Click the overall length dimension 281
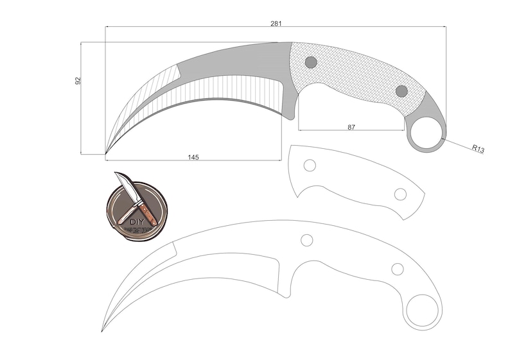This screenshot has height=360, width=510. point(276,23)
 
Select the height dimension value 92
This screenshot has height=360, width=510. point(78,81)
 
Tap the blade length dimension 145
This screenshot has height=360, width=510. point(193,157)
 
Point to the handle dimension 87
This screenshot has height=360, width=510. point(351,127)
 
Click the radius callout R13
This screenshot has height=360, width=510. point(477,149)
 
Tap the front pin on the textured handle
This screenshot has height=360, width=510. point(311,62)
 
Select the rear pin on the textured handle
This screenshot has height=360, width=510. point(401,91)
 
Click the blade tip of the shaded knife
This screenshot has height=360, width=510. point(107,153)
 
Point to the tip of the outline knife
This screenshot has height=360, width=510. point(103,330)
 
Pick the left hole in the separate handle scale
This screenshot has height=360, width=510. point(310,165)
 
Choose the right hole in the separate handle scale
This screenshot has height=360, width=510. point(400,194)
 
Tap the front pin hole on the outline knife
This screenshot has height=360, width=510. point(307,240)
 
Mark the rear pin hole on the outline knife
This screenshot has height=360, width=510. point(398,269)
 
